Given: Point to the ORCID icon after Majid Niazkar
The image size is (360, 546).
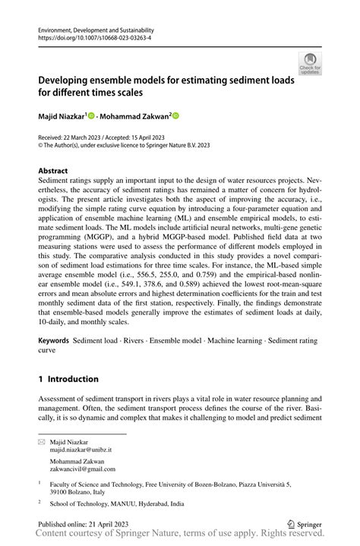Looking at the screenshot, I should click(92, 115).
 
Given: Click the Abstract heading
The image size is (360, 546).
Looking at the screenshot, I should click(53, 171).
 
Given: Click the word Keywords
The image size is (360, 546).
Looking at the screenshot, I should click(54, 341).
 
